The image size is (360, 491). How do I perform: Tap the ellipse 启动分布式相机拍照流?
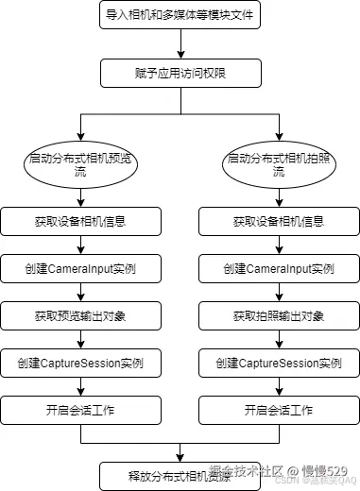[278, 166]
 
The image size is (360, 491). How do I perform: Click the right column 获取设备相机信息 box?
[278, 222]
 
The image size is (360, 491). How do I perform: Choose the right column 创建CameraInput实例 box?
[278, 269]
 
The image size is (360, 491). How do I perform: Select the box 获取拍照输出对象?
[278, 315]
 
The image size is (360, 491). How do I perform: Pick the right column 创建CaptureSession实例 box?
[278, 363]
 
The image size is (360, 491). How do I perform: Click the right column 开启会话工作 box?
[278, 410]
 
